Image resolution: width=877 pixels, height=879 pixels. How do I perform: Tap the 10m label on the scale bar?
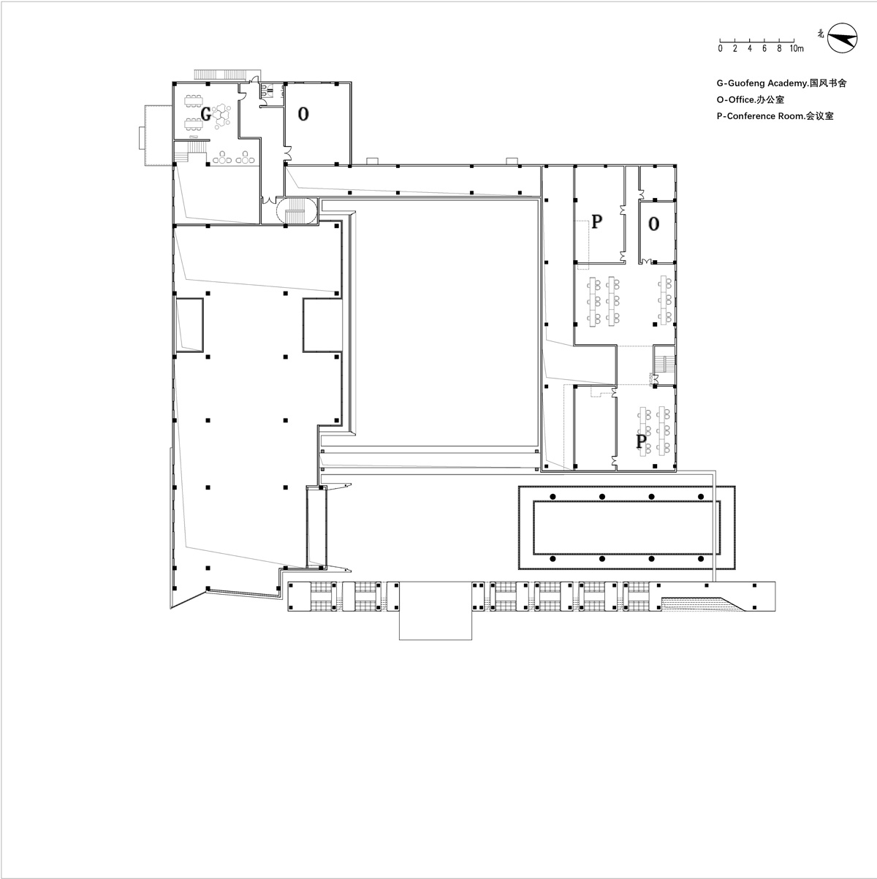click(x=796, y=48)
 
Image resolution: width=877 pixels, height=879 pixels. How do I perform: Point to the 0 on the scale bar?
click(x=720, y=48)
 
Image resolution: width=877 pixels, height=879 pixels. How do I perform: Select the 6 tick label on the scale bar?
click(x=764, y=48)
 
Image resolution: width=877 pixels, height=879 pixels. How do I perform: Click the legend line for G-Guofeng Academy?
click(x=781, y=83)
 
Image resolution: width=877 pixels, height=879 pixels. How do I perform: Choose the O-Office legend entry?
click(x=750, y=99)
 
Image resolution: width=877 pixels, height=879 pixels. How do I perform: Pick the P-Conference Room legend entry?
click(x=775, y=116)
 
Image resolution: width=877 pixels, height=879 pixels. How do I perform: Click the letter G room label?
click(x=206, y=113)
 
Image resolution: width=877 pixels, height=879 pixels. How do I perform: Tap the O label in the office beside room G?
click(x=303, y=113)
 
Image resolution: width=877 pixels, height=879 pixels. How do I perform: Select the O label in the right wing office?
click(x=653, y=224)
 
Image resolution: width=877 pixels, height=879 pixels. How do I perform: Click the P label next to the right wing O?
click(x=597, y=221)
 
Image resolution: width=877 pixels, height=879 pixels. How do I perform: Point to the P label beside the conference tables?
click(x=641, y=441)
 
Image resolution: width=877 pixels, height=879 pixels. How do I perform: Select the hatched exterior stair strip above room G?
click(x=221, y=75)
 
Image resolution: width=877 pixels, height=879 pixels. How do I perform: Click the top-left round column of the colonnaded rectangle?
click(x=553, y=496)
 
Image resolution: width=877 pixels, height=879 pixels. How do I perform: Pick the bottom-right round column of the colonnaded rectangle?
click(x=701, y=558)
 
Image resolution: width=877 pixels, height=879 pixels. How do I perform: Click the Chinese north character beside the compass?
click(x=821, y=34)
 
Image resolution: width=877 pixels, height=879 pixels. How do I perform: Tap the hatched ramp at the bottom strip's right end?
click(x=702, y=604)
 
